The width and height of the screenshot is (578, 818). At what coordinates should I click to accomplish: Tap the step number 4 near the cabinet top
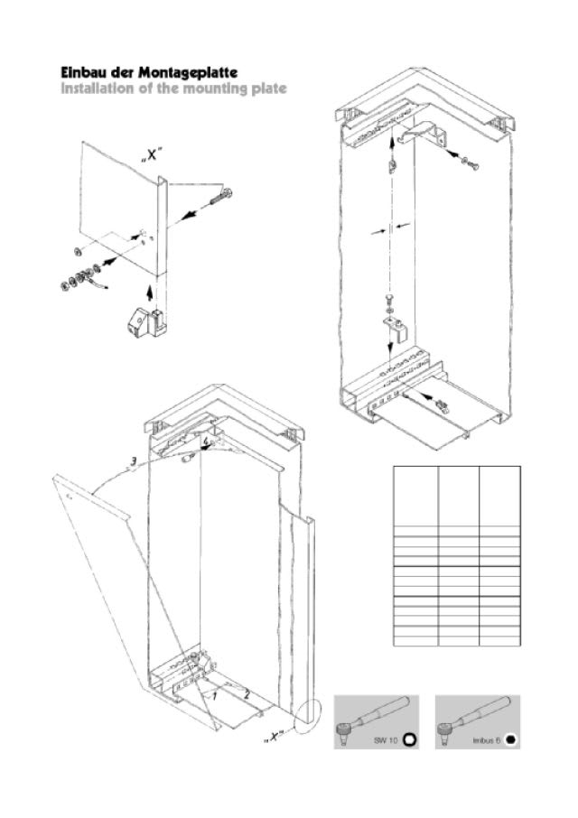207,442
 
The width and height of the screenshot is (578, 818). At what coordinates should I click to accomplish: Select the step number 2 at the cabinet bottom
247,693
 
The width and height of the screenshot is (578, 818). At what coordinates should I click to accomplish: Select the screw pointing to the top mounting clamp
470,163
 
